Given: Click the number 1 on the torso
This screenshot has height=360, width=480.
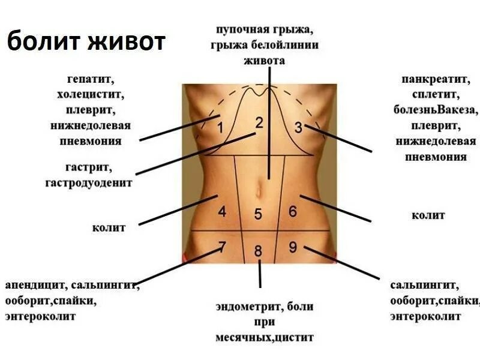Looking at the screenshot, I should click(x=220, y=128).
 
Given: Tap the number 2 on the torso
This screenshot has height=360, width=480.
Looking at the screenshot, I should click(x=259, y=123).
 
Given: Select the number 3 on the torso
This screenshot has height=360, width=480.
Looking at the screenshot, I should click(x=299, y=127).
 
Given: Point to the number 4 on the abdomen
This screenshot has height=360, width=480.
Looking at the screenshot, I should click(x=222, y=211).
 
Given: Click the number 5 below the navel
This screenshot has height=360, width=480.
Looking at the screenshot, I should click(x=258, y=214).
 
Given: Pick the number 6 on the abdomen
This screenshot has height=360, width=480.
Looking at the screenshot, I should click(x=293, y=211).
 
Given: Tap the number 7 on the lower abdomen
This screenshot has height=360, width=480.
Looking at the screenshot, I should click(x=222, y=247).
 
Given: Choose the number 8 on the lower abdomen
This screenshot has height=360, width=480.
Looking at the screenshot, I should click(x=258, y=251).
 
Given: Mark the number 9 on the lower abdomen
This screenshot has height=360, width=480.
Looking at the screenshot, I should click(x=293, y=247).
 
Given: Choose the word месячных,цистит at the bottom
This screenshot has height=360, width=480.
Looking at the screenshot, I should click(x=264, y=338).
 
